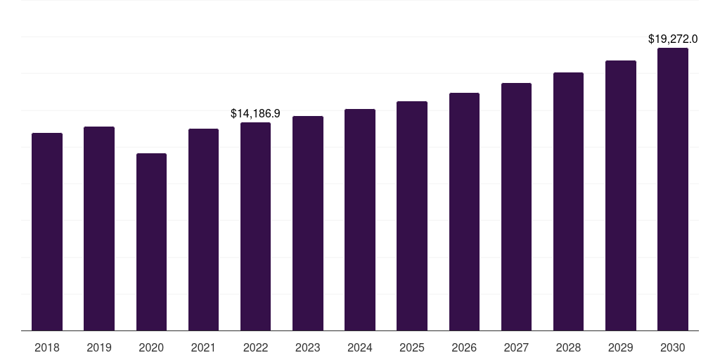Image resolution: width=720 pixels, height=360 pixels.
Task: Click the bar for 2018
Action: pos(47,231)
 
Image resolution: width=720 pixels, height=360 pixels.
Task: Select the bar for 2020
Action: pos(151,242)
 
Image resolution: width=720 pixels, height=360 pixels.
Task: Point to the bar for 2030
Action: pos(673,189)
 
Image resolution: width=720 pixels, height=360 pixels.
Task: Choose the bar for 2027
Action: pos(516,207)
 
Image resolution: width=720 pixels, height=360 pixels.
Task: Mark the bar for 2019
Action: pos(99,229)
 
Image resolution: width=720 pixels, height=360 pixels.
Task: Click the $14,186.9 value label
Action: pos(255,112)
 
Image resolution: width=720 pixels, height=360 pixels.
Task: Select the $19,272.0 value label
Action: pos(673,39)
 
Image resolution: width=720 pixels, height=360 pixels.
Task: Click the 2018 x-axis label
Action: pos(47,347)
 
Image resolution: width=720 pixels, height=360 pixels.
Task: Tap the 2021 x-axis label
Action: pos(203,347)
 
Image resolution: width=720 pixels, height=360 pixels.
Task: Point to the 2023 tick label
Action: pos(308,347)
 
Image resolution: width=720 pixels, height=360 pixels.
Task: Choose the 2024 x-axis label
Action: pos(360,347)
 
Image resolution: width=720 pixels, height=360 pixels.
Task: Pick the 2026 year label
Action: pos(464,347)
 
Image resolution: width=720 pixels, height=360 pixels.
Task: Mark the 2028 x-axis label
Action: pos(568,347)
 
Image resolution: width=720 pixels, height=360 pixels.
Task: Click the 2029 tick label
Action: pos(621,347)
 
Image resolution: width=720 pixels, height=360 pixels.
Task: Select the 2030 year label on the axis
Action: pos(673,347)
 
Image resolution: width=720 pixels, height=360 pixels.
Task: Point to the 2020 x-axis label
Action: pos(151,347)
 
